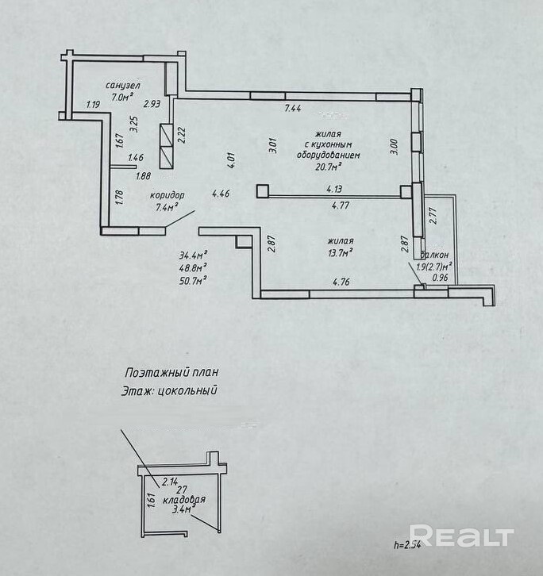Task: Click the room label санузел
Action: click(x=123, y=85)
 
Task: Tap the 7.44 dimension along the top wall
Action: click(x=293, y=108)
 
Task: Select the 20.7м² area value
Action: click(x=329, y=167)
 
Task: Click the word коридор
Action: click(x=167, y=195)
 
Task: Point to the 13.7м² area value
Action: click(x=341, y=252)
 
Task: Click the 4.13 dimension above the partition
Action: click(x=334, y=189)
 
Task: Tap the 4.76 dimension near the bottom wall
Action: click(x=341, y=282)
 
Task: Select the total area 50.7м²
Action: click(x=193, y=280)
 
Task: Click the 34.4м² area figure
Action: click(x=193, y=255)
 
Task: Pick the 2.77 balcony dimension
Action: click(x=433, y=216)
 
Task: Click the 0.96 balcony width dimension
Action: click(x=440, y=278)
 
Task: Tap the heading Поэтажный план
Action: click(x=171, y=372)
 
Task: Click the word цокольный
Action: click(x=187, y=390)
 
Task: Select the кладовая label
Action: click(x=184, y=500)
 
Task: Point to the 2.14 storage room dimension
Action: click(x=170, y=482)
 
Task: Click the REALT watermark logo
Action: click(x=461, y=536)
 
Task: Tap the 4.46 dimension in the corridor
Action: click(x=221, y=194)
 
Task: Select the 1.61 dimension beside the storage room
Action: click(x=153, y=501)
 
